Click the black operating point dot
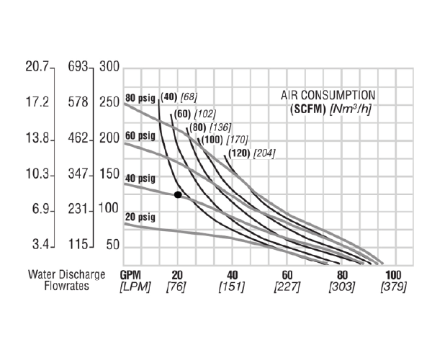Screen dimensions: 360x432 178,194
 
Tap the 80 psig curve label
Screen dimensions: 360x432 140,98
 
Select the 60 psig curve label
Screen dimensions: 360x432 140,135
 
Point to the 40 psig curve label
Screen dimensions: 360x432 140,177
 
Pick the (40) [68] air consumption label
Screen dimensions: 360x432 179,97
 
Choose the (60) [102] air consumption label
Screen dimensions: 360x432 195,113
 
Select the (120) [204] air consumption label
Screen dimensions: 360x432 252,153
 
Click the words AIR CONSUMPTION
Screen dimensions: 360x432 328,95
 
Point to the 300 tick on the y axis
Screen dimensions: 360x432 109,68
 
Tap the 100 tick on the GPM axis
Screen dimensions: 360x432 394,274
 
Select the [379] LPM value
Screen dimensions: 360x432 394,287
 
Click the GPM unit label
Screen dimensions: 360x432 130,274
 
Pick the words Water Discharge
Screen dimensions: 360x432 67,274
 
